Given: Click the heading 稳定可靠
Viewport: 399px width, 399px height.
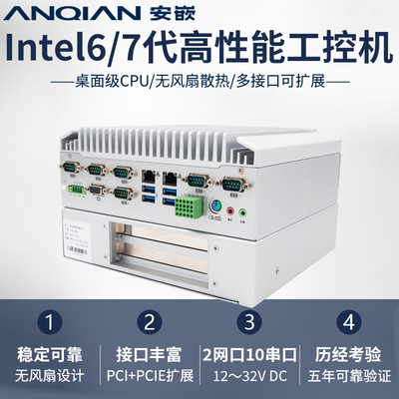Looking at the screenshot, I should (51, 354).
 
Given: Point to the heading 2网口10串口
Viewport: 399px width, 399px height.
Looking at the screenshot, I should (248, 354).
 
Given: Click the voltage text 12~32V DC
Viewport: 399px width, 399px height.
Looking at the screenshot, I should (248, 379).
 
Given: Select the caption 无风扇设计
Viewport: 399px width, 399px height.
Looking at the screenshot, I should (51, 379).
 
